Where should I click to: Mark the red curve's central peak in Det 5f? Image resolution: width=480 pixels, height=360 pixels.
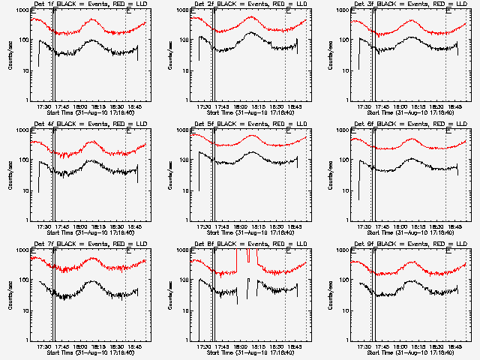tap(252, 136)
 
